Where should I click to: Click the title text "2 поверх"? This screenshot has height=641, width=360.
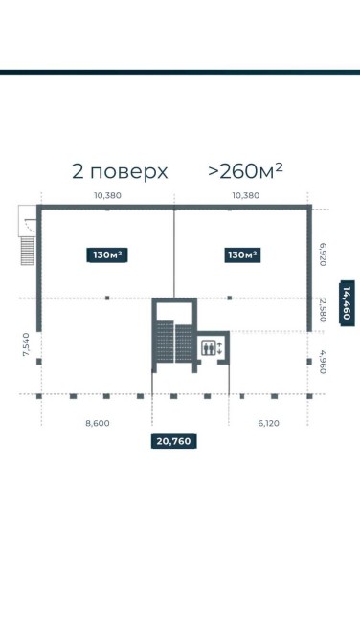coord(120,171)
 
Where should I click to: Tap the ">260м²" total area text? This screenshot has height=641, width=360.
coord(245,171)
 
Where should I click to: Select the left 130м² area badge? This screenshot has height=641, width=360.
coord(107,255)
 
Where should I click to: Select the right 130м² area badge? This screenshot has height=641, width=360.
coord(242,255)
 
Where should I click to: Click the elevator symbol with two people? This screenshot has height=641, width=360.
coord(209,348)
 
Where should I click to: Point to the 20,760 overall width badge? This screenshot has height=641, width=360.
coord(174,441)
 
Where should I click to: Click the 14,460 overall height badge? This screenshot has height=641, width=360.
coord(348,303)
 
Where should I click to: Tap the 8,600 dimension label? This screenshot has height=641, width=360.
coord(98,423)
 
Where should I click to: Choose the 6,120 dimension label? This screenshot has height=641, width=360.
coord(269,423)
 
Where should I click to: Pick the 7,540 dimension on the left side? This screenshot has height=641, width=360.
coord(26,344)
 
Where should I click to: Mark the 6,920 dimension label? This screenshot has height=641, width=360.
coord(323,254)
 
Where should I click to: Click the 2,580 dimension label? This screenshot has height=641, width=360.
coord(323,311)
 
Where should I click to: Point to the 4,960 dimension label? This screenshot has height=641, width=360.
coord(323,361)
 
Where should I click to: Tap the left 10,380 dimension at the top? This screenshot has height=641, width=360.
coord(107,195)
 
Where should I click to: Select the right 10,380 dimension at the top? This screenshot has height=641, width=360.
coord(246,195)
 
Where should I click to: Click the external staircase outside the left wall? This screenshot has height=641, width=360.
coord(28,251)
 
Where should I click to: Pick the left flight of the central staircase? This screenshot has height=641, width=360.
coord(165,343)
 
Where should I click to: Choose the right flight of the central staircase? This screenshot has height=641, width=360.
coord(184,343)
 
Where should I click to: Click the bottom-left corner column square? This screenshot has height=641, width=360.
coord(39,396)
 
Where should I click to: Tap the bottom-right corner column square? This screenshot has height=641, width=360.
coord(309,396)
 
